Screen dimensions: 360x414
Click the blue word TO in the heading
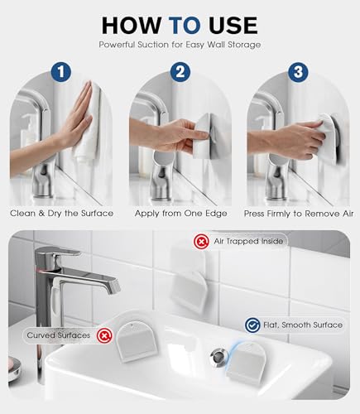pos(185,26)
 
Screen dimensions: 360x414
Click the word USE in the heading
pos(233,26)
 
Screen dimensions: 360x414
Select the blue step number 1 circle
pos(61,72)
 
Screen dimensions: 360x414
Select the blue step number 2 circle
pos(180,72)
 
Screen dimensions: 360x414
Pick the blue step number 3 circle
pos(298,72)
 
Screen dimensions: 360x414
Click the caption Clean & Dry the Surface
pos(62,214)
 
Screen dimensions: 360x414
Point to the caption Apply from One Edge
pos(181,214)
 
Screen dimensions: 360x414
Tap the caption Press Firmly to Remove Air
pos(299,214)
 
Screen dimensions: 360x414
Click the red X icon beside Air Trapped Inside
pos(202,242)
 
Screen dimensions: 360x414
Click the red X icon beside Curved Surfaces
pos(104,335)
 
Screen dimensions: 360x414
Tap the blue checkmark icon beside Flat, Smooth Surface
pos(252,325)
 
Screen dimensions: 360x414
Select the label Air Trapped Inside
pos(248,241)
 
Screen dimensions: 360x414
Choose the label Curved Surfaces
pos(59,335)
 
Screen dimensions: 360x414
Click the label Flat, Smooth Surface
pos(303,325)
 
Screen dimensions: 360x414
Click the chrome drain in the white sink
pos(218,358)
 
